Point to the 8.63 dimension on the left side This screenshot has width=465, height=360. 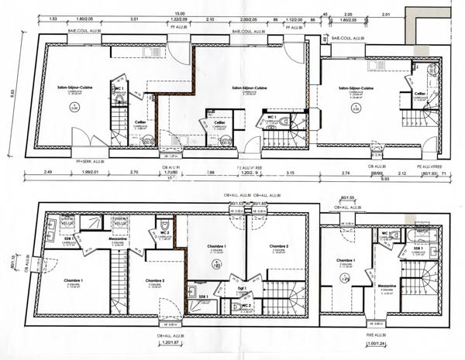12,93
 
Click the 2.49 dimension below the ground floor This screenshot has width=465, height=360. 48,171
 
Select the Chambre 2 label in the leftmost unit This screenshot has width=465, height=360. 156,280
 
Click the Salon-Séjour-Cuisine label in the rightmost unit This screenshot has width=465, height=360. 358,89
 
